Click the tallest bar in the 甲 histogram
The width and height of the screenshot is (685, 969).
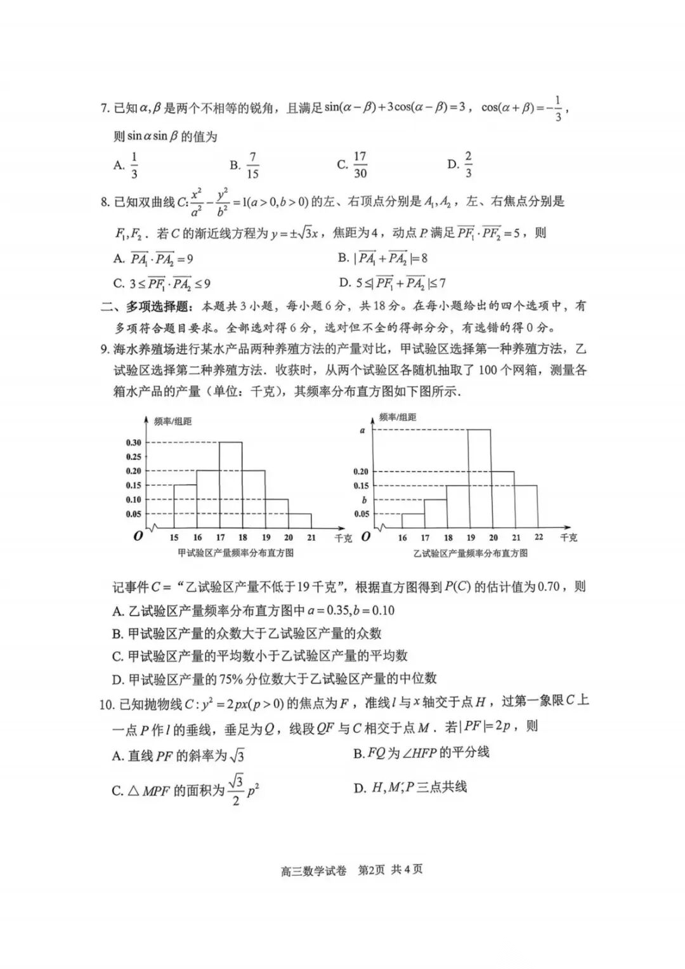(x=231, y=485)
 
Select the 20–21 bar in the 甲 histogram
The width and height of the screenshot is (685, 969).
(x=299, y=520)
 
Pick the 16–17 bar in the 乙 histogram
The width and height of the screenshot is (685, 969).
(x=413, y=520)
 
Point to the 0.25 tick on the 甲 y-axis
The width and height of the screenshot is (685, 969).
(x=133, y=457)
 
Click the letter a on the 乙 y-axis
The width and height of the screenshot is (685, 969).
(x=363, y=430)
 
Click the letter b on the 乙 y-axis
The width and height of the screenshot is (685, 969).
(x=364, y=500)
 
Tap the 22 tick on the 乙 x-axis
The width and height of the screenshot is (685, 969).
(x=538, y=537)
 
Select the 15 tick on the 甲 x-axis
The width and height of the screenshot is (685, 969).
(x=174, y=537)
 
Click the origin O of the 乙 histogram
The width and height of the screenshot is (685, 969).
(x=366, y=537)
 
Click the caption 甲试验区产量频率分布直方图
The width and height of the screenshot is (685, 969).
(x=236, y=553)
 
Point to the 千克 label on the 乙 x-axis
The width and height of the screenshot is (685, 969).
(x=568, y=537)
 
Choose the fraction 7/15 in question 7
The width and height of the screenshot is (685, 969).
(x=253, y=165)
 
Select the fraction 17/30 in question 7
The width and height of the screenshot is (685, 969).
(x=360, y=165)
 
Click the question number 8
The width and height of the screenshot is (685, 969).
(x=105, y=202)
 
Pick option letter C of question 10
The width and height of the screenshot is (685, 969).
(x=117, y=791)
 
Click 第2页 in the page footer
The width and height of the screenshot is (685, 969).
(x=372, y=869)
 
